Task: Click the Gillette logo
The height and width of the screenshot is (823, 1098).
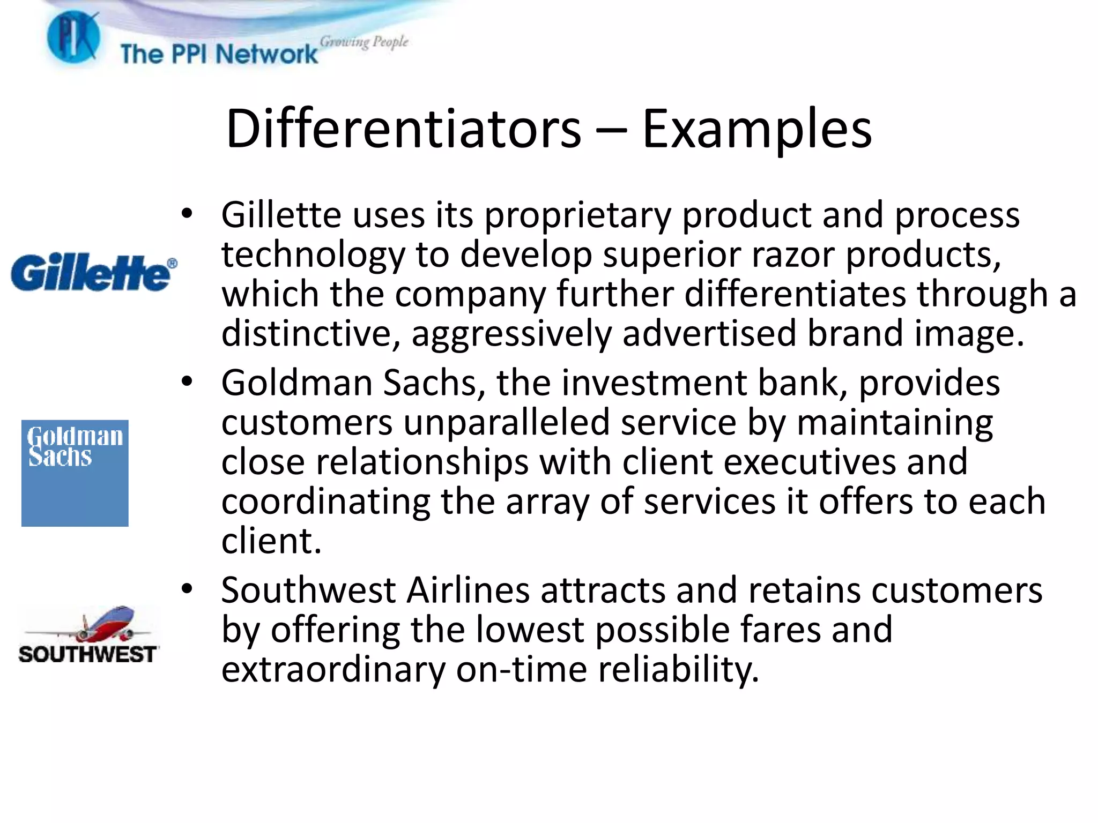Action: [x=91, y=273]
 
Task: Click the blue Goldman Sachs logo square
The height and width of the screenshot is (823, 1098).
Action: [x=75, y=473]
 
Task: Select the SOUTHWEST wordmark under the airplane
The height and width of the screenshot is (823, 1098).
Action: [x=87, y=654]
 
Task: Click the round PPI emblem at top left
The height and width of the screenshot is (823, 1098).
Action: [x=73, y=38]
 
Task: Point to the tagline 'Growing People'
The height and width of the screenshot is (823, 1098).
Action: [x=364, y=42]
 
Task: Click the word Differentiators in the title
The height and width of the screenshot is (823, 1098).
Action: [x=403, y=129]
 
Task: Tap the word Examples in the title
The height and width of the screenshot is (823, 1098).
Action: [x=756, y=129]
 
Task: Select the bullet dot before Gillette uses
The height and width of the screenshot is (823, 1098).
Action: [x=187, y=214]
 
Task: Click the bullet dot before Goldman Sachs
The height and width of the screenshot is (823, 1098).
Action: [x=187, y=382]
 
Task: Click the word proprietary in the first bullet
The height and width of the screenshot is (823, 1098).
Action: [x=577, y=216]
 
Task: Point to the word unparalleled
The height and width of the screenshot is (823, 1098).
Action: [x=506, y=423]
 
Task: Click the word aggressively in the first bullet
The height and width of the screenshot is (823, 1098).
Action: [x=511, y=334]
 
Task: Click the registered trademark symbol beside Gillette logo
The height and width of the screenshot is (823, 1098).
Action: [x=172, y=263]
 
